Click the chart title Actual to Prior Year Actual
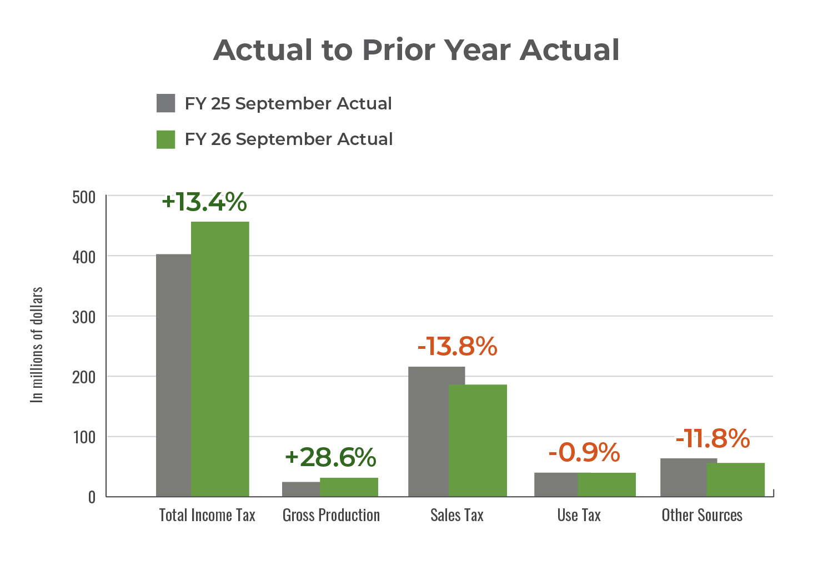pos(416,50)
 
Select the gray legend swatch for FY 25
pos(166,103)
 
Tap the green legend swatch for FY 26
pos(166,139)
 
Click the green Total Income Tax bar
pos(220,358)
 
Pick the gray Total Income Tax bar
pos(173,375)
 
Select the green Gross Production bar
pos(349,487)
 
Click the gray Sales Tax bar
pos(428,431)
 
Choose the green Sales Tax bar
pos(478,440)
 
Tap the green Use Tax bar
pos(606,484)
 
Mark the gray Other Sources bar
pos(683,477)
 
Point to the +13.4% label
pos(204,202)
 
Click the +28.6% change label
pos(330,457)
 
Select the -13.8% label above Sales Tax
pos(457,347)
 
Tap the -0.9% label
pos(584,452)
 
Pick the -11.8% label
pos(712,438)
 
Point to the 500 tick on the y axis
pos(84,197)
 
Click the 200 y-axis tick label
pos(84,377)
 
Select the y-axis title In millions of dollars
pos(37,344)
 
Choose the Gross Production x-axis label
pos(332,516)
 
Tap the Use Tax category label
pos(579,516)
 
